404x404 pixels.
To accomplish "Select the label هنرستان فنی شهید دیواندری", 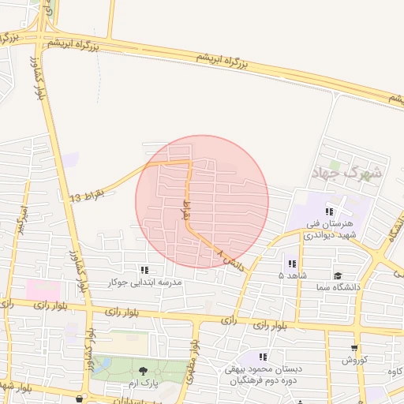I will (x=332, y=229).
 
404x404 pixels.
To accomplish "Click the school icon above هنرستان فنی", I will (x=329, y=211).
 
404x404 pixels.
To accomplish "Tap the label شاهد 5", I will (x=292, y=275).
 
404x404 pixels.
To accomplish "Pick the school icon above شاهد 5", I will (x=292, y=263).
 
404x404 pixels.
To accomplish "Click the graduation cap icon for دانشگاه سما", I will (x=338, y=275).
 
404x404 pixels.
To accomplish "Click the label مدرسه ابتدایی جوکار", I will (x=145, y=282).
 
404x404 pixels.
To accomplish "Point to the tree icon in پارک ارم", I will (x=143, y=370).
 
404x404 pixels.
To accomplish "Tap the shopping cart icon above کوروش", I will (x=354, y=347).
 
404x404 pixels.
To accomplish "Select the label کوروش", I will (x=355, y=360).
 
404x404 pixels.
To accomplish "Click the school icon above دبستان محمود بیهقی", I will (x=262, y=357).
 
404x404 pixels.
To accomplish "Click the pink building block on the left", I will (x=43, y=290).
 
